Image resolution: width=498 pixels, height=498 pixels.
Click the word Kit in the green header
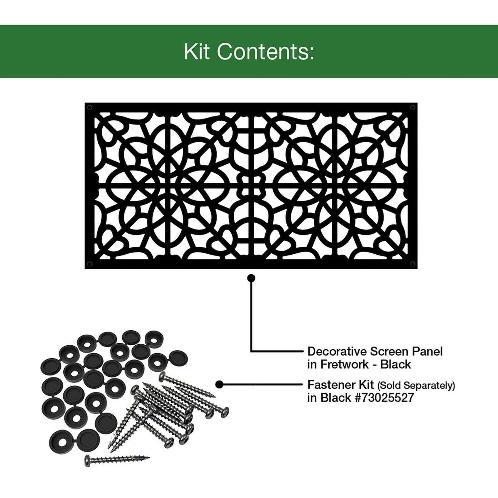[197, 52]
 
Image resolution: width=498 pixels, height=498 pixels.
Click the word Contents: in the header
[267, 52]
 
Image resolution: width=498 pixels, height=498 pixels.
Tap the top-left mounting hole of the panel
[90, 108]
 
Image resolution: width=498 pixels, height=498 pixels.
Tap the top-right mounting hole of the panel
[413, 108]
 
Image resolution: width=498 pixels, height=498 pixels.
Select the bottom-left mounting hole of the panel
[90, 264]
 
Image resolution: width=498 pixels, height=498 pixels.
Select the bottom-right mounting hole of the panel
[413, 264]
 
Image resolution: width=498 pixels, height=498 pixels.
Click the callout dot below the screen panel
[251, 278]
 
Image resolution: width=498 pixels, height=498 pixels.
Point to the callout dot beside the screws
[220, 385]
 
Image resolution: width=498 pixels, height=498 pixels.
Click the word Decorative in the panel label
[337, 352]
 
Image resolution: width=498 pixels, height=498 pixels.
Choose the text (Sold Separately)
[416, 385]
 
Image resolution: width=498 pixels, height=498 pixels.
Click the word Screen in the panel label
[389, 352]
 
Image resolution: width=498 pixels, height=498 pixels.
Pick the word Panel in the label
[427, 352]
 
